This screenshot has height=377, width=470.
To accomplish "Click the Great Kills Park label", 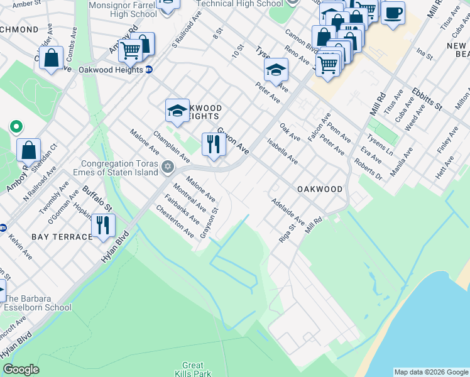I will (193, 369).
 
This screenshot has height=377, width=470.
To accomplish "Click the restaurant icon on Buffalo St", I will (102, 226).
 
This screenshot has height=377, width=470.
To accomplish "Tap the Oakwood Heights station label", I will (111, 70).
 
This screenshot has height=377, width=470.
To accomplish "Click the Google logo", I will (21, 369).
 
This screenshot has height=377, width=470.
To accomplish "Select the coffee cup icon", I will (393, 13).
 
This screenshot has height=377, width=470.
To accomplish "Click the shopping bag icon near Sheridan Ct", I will (29, 150).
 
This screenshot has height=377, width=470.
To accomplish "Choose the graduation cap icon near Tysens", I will (276, 70).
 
